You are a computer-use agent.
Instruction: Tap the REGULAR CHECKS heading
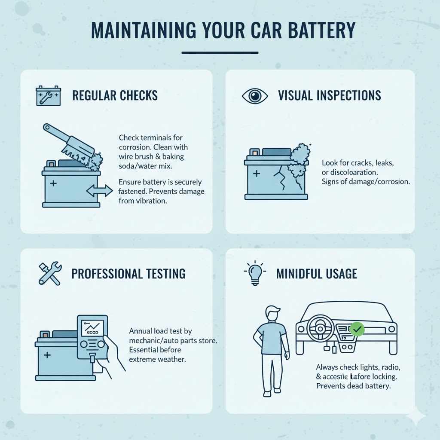coord(115,95)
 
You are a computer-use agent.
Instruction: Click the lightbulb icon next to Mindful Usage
coord(255,273)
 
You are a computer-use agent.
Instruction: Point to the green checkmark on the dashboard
coord(357,330)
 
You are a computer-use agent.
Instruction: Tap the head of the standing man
coord(272,314)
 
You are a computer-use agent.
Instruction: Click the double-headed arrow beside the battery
coord(100,191)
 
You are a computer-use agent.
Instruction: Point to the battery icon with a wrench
coord(48,96)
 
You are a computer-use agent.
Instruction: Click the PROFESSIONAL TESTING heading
coord(128,274)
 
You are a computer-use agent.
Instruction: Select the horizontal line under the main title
coord(220,53)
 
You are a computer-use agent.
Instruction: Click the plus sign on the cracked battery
coord(256,174)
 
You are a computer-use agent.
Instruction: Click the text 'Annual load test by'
coord(160,331)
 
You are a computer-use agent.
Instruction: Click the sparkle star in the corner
coord(415,416)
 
